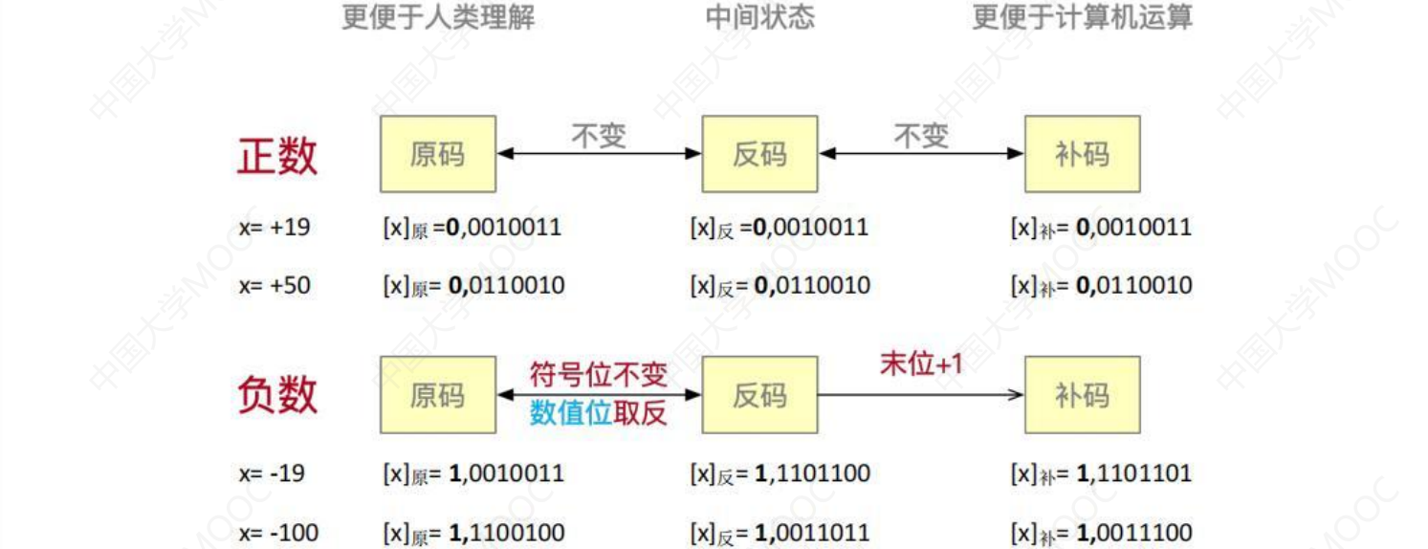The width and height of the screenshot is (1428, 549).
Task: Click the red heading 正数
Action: (276, 156)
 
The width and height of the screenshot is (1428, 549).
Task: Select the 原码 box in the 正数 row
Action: (438, 155)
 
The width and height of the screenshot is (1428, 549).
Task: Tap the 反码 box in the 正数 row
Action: (759, 155)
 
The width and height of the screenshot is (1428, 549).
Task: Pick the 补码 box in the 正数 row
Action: (1082, 155)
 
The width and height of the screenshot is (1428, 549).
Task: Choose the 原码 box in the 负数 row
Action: (438, 395)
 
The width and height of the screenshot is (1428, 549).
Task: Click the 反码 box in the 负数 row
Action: (759, 395)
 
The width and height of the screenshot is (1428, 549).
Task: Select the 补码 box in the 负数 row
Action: (1082, 395)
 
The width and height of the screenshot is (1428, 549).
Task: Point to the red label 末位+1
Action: (920, 363)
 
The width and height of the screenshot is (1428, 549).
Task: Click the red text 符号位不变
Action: (599, 374)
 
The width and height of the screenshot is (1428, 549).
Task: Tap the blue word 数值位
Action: (571, 413)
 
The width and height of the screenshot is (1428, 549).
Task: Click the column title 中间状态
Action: (759, 17)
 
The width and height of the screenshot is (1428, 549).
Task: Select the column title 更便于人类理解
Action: (438, 17)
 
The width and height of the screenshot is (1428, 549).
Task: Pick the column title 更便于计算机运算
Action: (1082, 17)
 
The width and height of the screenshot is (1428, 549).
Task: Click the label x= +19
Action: (275, 228)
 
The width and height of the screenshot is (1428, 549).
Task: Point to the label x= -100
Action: (278, 532)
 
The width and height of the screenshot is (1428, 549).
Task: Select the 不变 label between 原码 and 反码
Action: (599, 137)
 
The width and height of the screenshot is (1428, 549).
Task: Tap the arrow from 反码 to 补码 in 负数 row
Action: (920, 394)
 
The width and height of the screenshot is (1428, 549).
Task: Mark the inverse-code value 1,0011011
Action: (812, 532)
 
